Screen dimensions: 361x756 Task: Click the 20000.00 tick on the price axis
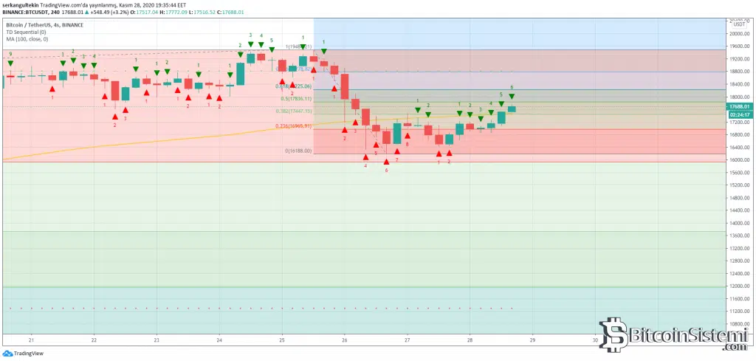738,33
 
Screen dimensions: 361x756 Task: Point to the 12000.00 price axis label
738,286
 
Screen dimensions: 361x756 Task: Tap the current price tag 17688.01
739,106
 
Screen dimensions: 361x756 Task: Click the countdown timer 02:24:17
739,115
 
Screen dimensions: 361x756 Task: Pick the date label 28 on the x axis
470,340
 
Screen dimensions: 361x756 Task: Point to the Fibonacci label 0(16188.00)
298,151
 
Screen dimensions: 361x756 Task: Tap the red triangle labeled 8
408,136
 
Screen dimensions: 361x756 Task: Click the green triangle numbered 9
10,63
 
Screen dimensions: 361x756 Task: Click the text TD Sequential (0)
25,32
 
